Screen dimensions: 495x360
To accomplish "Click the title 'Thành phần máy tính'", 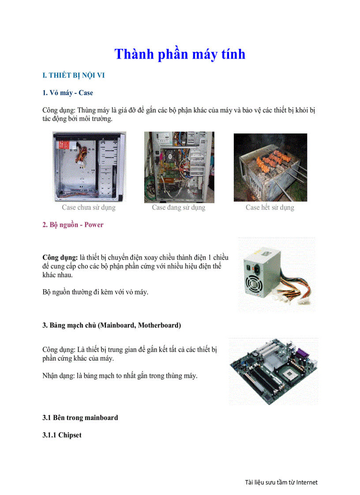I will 180,54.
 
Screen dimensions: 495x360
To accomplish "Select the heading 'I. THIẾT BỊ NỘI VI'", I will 73,75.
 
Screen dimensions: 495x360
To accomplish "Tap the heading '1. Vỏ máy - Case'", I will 67,93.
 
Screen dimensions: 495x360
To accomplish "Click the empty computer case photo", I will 89,167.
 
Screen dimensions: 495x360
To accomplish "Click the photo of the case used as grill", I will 270,167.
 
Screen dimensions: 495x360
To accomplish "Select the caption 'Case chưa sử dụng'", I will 88,207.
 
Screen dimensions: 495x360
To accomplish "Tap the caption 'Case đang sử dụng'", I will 179,207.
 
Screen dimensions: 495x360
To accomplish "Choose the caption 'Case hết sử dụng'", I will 270,207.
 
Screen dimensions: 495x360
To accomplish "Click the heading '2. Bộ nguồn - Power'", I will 73,225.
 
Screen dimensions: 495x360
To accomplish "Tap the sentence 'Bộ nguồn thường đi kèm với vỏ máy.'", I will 95,292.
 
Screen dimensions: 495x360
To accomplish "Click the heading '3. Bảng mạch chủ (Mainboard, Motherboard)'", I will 112,326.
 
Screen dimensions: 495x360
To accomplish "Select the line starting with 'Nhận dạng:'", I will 120,376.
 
